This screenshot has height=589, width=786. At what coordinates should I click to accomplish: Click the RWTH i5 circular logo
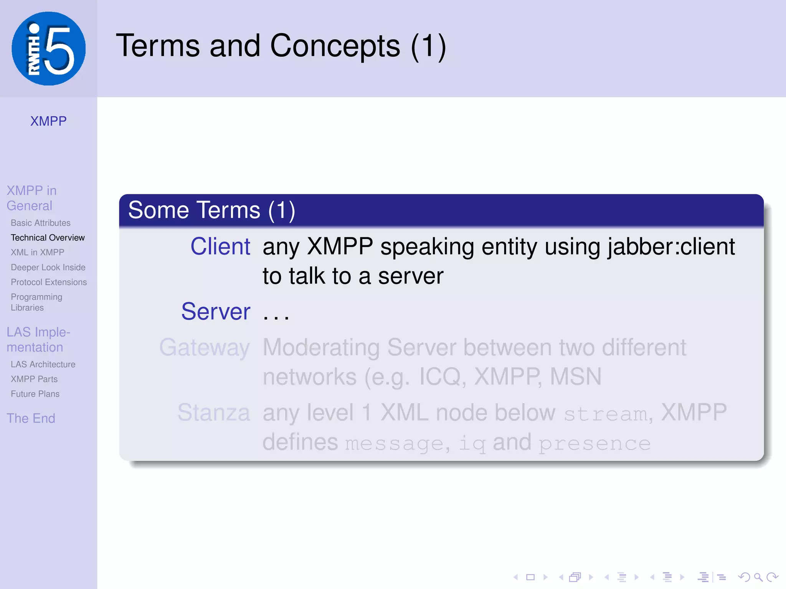[x=48, y=49]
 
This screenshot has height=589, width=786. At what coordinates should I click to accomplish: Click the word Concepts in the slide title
[x=335, y=46]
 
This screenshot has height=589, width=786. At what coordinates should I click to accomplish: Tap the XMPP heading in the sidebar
[x=48, y=121]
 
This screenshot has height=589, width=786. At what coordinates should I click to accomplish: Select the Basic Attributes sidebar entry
[x=41, y=223]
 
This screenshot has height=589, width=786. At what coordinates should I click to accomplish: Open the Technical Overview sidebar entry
[x=48, y=238]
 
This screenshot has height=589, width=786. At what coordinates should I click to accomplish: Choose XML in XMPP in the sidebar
[x=37, y=252]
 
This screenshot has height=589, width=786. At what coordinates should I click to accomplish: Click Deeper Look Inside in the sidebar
[x=48, y=267]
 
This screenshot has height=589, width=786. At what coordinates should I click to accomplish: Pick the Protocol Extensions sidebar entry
[x=49, y=282]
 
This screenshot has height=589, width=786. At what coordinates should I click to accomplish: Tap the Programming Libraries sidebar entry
[x=36, y=302]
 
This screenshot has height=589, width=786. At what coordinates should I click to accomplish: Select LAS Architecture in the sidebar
[x=43, y=364]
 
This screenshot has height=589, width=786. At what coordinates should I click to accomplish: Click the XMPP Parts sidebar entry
[x=34, y=379]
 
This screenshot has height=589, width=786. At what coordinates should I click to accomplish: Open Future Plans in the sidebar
[x=35, y=394]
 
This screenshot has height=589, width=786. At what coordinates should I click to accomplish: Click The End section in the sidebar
[x=31, y=418]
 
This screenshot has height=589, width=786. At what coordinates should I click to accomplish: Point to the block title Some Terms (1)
[x=211, y=210]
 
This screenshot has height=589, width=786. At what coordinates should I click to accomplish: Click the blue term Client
[x=220, y=246]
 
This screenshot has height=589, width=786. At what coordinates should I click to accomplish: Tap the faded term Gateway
[x=205, y=347]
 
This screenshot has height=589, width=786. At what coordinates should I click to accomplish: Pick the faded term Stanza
[x=214, y=413]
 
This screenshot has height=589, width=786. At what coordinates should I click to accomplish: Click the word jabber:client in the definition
[x=671, y=246]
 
